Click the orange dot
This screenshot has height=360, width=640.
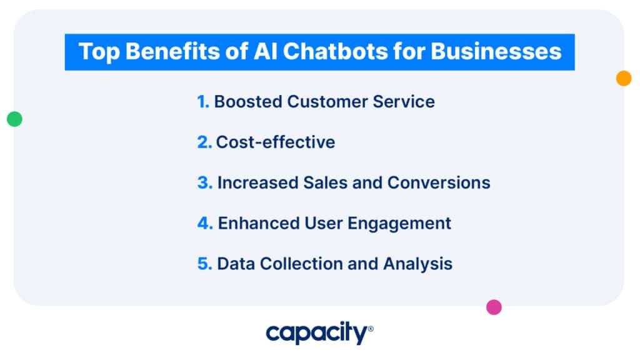[x=624, y=78]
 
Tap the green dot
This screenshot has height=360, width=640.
[x=14, y=119]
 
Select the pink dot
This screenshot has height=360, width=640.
[x=494, y=307]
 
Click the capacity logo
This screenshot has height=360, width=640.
[x=319, y=333]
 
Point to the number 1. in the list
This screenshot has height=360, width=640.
[x=203, y=102]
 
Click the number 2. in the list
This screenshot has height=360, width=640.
[x=204, y=142]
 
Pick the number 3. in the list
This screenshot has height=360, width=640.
[x=205, y=182]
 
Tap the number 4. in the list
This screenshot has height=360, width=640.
[x=205, y=223]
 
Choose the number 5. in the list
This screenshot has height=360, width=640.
[x=205, y=264]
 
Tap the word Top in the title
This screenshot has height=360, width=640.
[x=97, y=51]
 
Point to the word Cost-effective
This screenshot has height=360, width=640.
[x=276, y=142]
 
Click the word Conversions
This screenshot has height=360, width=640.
[x=439, y=182]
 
